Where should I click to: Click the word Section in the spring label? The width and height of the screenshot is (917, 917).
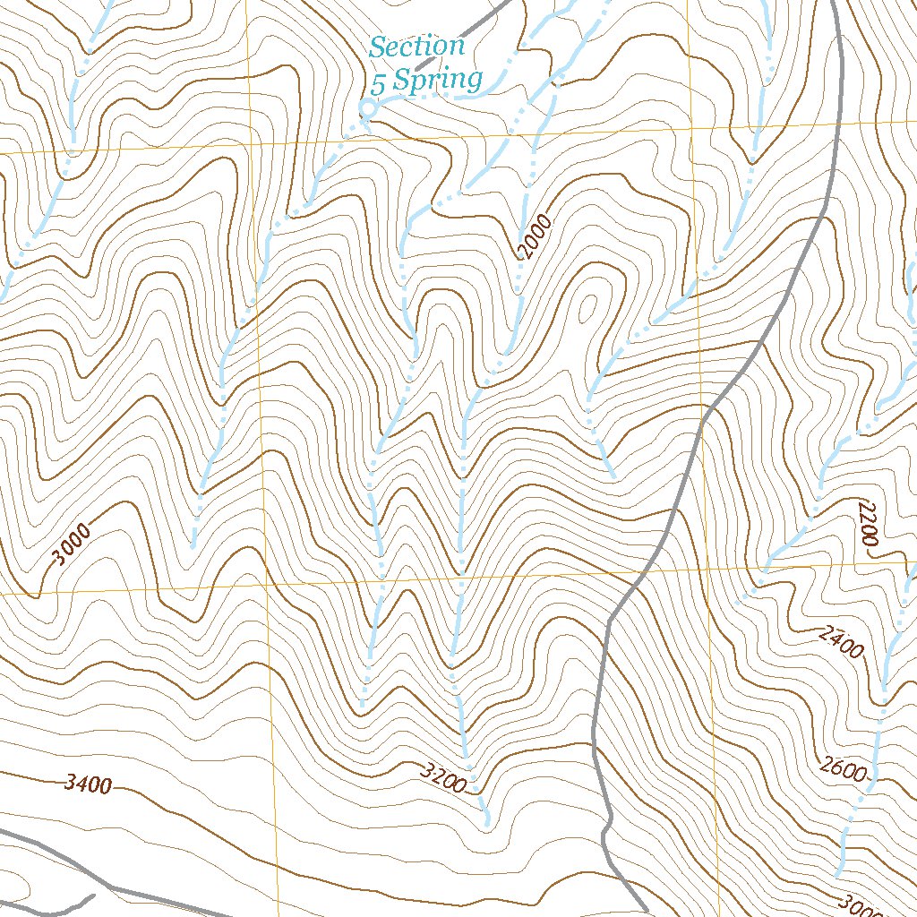click(x=417, y=47)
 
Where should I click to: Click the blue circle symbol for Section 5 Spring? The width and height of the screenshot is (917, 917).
click(x=365, y=109)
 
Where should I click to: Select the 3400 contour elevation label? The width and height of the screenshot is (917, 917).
click(x=88, y=785)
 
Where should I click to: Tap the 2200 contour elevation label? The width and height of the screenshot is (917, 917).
click(x=866, y=524)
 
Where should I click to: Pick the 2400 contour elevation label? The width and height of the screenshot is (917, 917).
click(x=841, y=642)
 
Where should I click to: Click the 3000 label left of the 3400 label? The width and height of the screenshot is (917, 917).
click(x=71, y=545)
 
